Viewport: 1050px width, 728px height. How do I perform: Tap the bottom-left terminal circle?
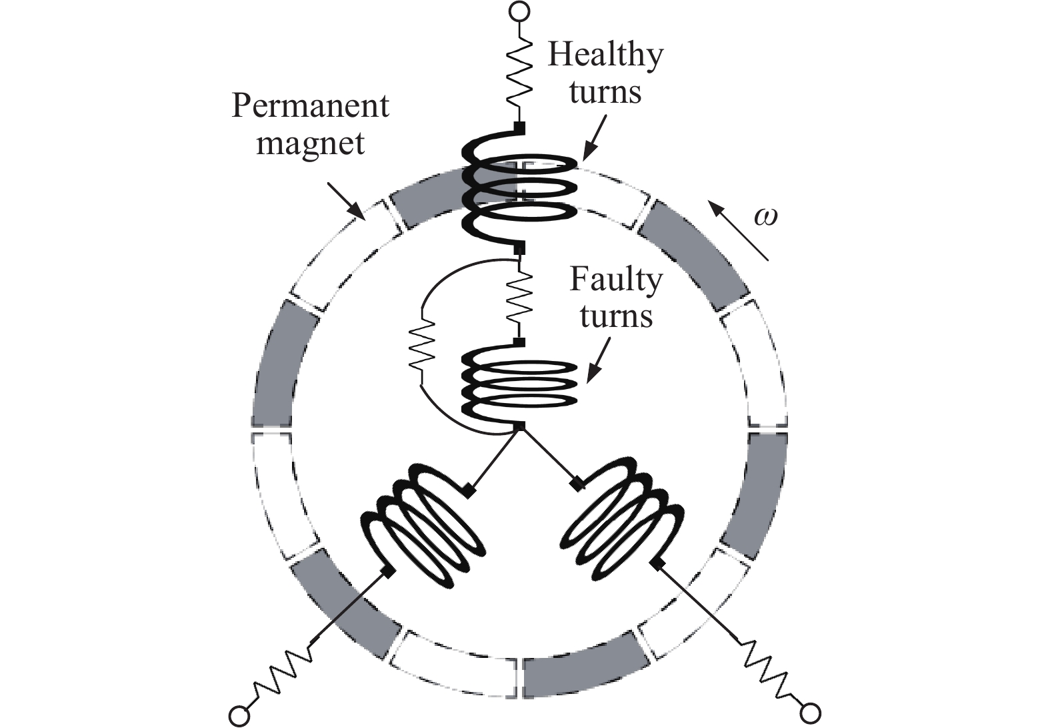239,716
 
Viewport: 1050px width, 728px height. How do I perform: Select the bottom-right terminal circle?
811,714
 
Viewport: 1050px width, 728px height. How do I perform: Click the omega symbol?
765,217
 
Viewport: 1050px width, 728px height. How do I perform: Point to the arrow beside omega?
739,230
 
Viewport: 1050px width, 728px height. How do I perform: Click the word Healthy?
605,55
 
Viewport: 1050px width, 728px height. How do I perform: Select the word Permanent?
310,106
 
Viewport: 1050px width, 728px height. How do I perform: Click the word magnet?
311,143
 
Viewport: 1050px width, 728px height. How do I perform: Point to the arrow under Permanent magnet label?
347,202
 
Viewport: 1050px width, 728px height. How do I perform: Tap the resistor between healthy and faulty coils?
519,298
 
